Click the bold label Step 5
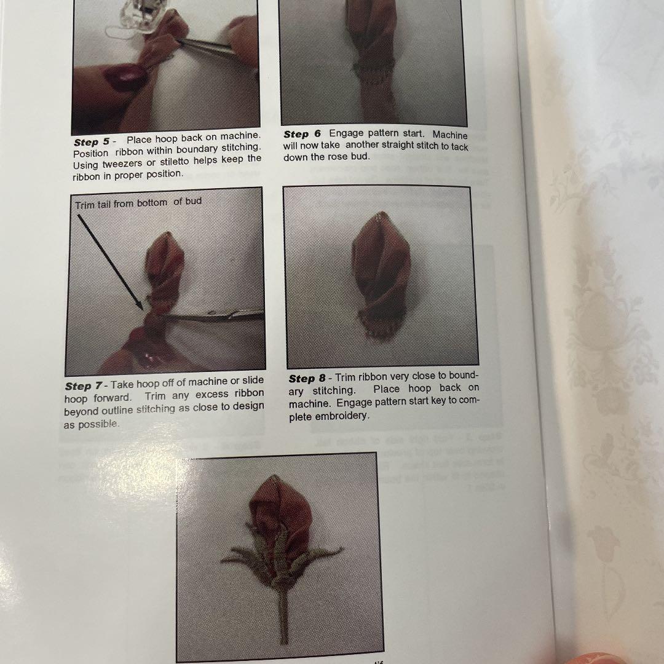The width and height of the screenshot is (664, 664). pyautogui.click(x=92, y=142)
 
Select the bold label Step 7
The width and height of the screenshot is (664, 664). pyautogui.click(x=84, y=386)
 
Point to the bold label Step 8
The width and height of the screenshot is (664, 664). pyautogui.click(x=307, y=379)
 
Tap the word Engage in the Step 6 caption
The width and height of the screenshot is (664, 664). pyautogui.click(x=347, y=133)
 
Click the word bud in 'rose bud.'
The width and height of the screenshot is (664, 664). pyautogui.click(x=360, y=157)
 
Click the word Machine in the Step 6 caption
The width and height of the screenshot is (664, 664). pyautogui.click(x=450, y=135)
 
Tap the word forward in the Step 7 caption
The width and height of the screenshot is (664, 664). pyautogui.click(x=113, y=398)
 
